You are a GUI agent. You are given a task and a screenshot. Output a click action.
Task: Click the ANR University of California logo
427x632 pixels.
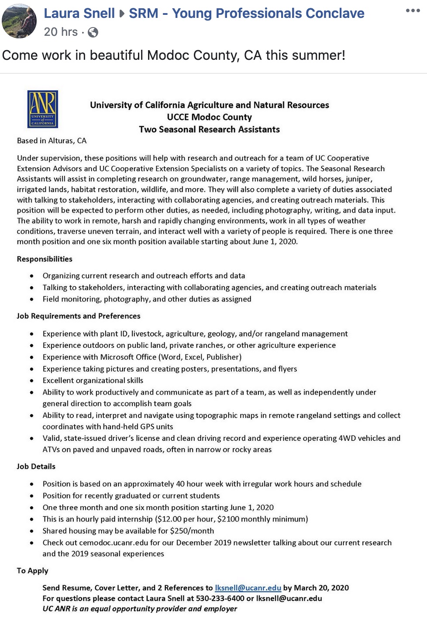click(42, 109)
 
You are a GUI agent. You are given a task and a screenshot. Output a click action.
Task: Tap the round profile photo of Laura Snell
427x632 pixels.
click(19, 21)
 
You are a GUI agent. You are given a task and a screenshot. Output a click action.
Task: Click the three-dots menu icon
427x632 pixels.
click(412, 11)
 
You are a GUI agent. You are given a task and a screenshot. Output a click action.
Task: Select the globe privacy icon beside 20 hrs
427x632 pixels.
click(93, 32)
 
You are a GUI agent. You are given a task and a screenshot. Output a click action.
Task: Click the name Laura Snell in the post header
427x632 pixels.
click(79, 14)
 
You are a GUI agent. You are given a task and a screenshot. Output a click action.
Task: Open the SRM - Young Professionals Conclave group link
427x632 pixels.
click(246, 14)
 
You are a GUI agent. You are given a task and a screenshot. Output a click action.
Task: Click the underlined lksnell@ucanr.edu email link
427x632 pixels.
click(248, 588)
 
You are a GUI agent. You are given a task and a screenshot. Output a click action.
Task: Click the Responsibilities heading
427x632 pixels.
click(45, 259)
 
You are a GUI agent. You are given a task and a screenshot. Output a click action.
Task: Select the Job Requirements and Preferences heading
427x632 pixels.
click(79, 316)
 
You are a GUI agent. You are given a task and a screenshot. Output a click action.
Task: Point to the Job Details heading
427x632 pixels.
click(36, 467)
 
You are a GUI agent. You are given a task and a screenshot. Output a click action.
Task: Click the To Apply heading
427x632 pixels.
click(33, 571)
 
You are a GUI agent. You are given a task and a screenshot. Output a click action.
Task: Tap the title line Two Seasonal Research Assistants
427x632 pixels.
click(209, 130)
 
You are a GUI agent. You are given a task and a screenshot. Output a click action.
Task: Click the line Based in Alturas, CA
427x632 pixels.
click(52, 141)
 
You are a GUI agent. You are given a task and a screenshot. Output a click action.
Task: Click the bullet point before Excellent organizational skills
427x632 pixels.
click(32, 381)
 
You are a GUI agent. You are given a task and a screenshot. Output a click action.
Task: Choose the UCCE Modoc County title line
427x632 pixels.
click(209, 117)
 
